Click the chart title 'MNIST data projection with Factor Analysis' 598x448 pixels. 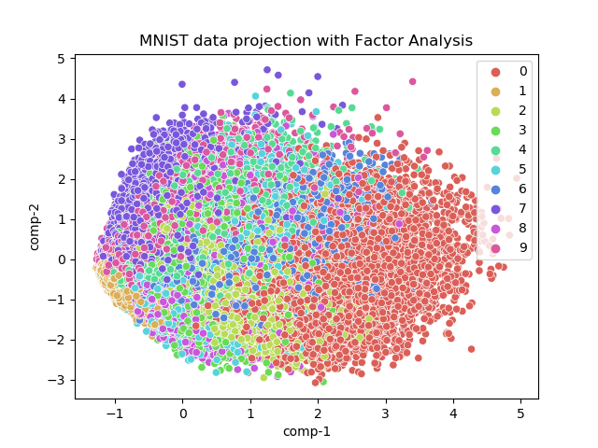(x=306, y=40)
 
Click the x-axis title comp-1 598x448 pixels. (x=306, y=431)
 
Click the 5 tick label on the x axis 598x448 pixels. (x=520, y=412)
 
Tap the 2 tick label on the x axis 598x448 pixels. (x=318, y=412)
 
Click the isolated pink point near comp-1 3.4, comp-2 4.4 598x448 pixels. (x=412, y=81)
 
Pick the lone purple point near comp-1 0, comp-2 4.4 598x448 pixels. (x=182, y=84)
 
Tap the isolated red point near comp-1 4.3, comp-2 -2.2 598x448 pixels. (x=471, y=349)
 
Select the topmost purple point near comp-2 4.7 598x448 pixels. (x=267, y=70)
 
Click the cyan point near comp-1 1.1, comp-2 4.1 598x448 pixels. (x=255, y=96)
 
